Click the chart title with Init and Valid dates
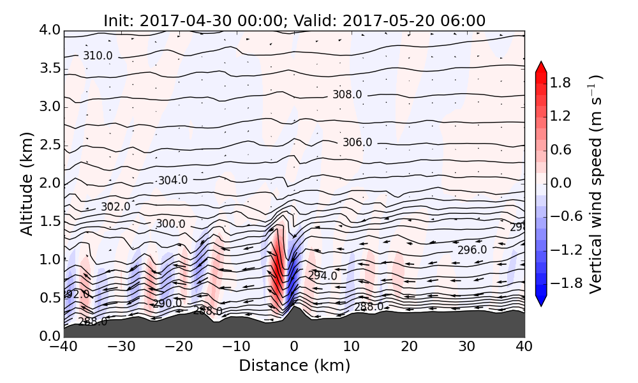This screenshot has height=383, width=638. (294, 20)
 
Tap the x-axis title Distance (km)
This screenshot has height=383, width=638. (294, 366)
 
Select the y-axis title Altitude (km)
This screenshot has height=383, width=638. (26, 183)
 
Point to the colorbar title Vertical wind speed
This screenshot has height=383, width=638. (595, 184)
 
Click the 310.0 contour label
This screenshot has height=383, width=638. (98, 56)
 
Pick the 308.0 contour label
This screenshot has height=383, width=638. (347, 94)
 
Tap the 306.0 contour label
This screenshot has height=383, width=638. (357, 142)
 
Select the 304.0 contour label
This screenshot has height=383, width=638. (173, 181)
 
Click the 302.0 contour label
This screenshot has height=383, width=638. (115, 207)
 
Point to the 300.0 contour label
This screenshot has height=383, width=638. (170, 224)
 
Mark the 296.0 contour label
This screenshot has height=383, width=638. (472, 250)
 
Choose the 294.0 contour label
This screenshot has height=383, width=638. (323, 276)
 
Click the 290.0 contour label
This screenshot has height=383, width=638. (167, 304)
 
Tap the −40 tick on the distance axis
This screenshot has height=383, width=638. (64, 348)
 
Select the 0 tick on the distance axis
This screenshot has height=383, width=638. (294, 348)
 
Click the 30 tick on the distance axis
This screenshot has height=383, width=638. (467, 348)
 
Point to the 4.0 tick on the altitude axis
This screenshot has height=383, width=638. (49, 30)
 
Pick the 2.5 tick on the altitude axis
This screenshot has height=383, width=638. (49, 145)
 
